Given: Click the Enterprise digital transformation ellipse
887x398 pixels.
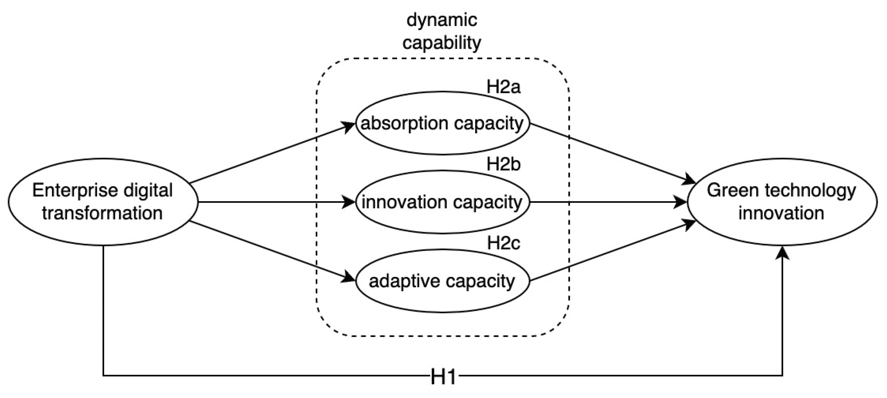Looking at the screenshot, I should [103, 202].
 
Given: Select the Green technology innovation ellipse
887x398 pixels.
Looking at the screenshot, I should [782, 202].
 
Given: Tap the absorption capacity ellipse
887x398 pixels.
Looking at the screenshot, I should [442, 123].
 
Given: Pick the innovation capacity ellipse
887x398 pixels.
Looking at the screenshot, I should [442, 202].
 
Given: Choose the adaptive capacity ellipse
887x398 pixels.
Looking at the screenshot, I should [442, 281].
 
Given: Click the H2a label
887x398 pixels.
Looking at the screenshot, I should [503, 87].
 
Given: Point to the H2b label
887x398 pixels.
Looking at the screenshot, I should [503, 165].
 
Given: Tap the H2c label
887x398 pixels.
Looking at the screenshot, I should [503, 243].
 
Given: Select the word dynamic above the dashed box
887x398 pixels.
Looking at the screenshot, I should [442, 20].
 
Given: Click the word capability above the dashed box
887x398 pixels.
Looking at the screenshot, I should [442, 43].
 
